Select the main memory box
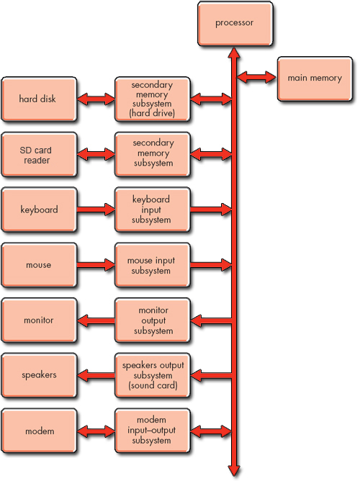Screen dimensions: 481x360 tap(315, 78)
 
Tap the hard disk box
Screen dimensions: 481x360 tap(38, 99)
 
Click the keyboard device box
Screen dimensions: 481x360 tap(38, 210)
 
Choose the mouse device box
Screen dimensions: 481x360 tap(38, 265)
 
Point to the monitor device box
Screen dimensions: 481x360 tap(38, 320)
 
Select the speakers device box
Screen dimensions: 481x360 tap(38, 375)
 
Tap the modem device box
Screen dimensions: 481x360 tap(38, 431)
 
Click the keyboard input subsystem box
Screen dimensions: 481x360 tap(152, 210)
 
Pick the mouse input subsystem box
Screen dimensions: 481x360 tap(152, 265)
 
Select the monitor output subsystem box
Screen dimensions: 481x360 tap(152, 320)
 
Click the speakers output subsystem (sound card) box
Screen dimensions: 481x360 tap(152, 375)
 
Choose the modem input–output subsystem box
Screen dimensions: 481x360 tap(152, 431)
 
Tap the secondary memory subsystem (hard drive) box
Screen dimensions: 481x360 tap(152, 99)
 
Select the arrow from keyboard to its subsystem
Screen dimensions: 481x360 tap(95, 210)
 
